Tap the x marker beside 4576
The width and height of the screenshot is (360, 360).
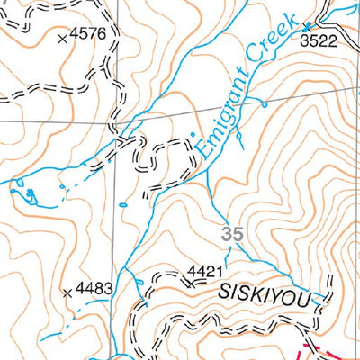(61, 39)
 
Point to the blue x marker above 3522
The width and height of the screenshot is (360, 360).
(307, 26)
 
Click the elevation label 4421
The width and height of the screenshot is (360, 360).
(204, 269)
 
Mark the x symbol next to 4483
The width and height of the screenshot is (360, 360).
(68, 291)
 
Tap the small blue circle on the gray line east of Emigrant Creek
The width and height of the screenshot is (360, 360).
(265, 104)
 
